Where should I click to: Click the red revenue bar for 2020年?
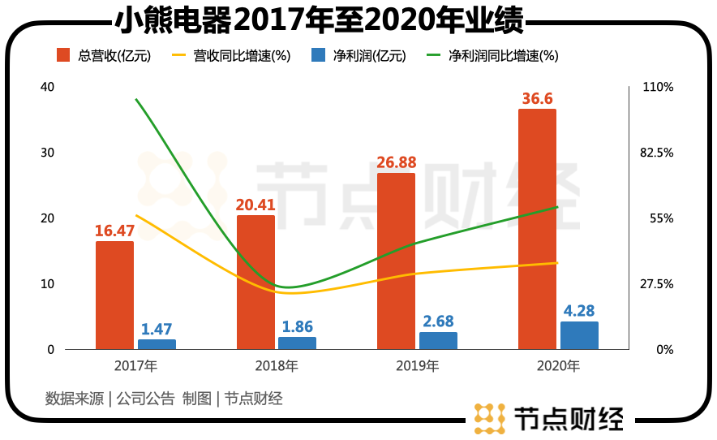point(537,229)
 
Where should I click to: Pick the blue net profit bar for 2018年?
point(297,343)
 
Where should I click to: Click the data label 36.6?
point(537,98)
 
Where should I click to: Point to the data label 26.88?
point(396,162)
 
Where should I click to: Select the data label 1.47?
point(157,329)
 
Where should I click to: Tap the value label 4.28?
point(579,311)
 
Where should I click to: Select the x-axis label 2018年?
point(276,366)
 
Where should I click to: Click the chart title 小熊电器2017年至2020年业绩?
point(318,19)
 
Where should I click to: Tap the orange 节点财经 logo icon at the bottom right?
point(489,418)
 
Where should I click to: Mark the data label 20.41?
point(255,205)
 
